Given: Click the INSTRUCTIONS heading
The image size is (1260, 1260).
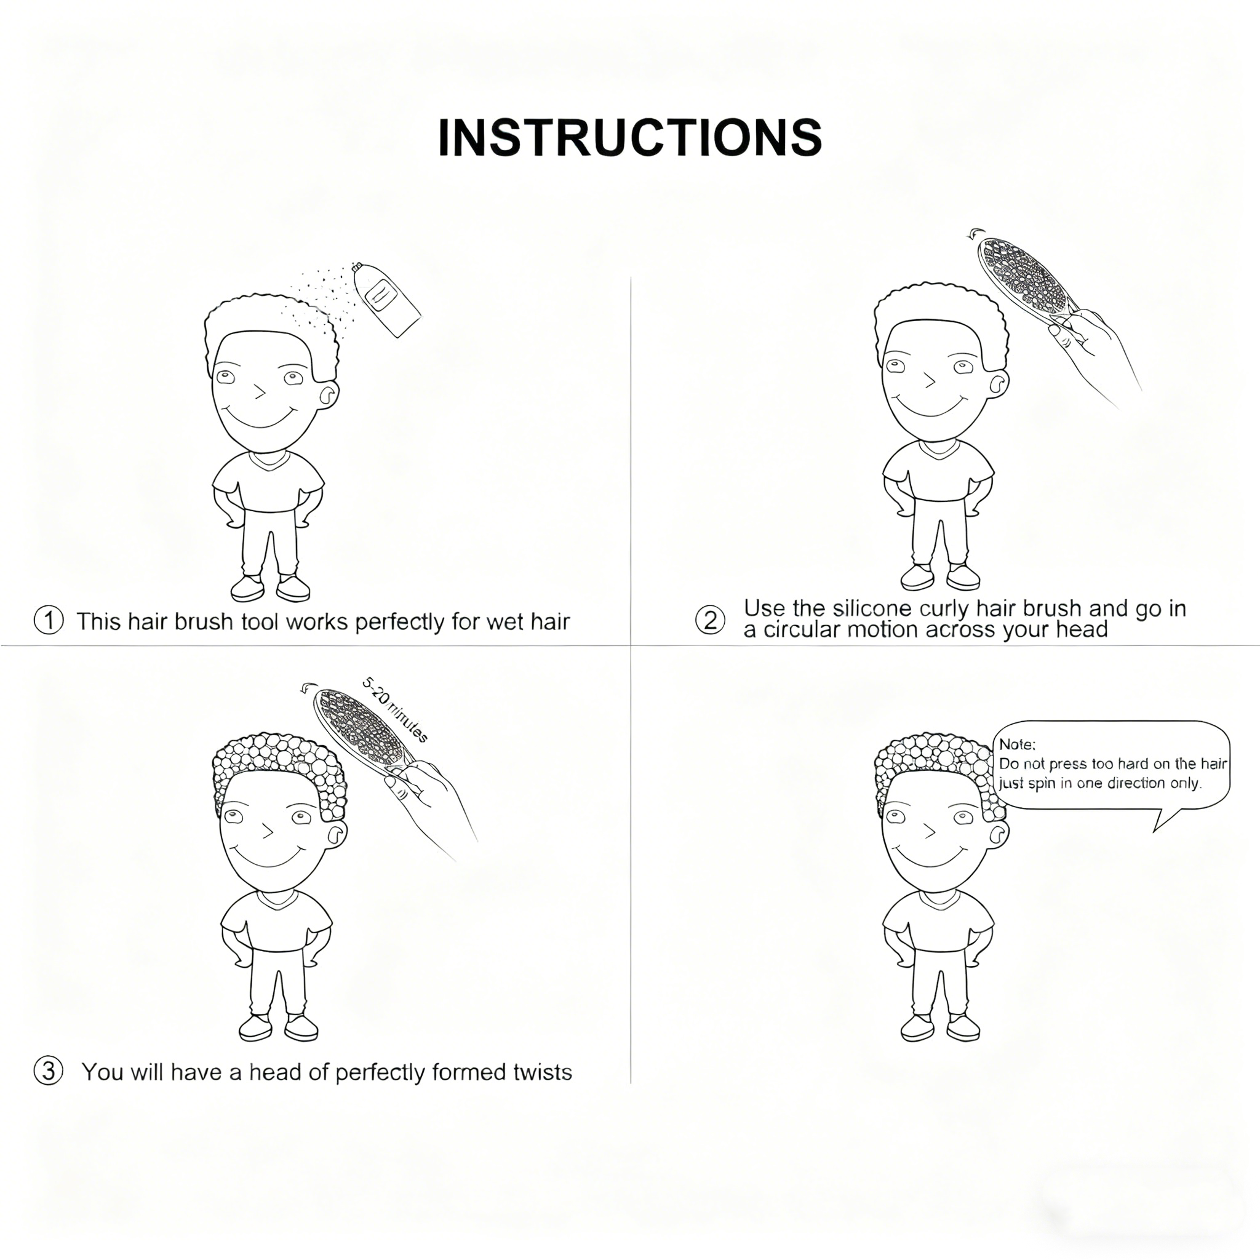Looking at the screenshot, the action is click(x=629, y=138).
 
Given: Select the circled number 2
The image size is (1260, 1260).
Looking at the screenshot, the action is click(x=710, y=620).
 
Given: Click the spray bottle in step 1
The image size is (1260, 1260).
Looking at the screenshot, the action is click(x=387, y=300).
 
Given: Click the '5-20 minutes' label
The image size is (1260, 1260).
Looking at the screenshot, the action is click(x=395, y=710).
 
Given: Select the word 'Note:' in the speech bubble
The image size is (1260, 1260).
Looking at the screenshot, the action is click(x=1017, y=744).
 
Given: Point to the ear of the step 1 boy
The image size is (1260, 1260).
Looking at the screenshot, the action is click(x=329, y=393).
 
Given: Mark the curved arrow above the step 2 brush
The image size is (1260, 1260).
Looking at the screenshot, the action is click(x=976, y=233).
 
